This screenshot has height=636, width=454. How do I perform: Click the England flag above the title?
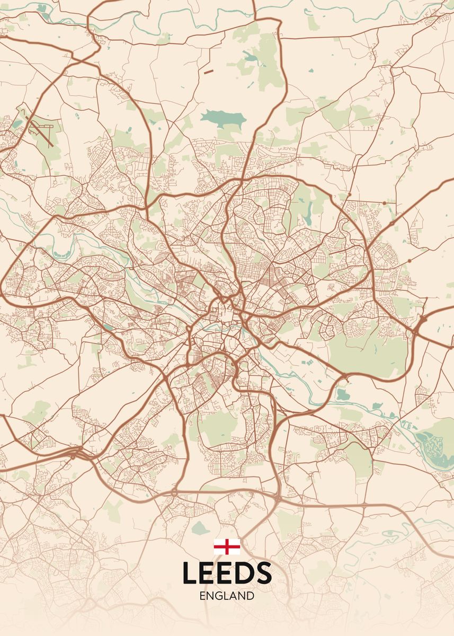[227, 546]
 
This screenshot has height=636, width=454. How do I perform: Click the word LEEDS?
[227, 573]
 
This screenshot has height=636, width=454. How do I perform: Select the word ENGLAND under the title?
[227, 596]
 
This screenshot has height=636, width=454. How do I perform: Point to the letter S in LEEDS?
[263, 573]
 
